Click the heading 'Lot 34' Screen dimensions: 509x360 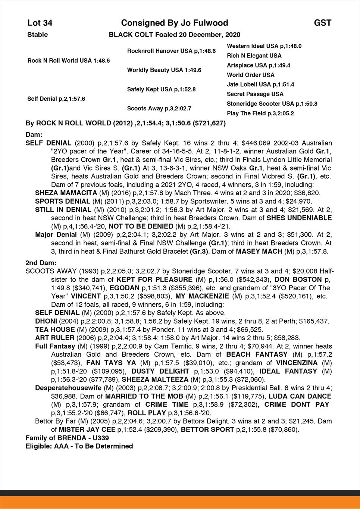[40, 23]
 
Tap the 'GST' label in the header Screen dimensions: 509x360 [322, 23]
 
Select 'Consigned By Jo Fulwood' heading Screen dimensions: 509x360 [175, 23]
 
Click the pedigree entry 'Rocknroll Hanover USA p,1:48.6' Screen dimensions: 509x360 [171, 51]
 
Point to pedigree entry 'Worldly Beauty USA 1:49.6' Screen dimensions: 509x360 [164, 70]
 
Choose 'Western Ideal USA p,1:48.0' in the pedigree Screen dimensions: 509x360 [264, 46]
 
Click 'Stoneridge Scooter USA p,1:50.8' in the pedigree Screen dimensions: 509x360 [272, 104]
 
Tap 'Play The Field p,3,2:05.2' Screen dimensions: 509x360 [260, 113]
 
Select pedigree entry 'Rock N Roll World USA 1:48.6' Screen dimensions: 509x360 [69, 60]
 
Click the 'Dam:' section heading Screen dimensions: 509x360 [34, 134]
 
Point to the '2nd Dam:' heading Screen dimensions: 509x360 [41, 263]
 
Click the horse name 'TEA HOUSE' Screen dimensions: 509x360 [55, 330]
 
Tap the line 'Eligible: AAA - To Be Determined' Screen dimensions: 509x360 [79, 446]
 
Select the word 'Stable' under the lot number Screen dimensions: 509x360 [38, 35]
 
